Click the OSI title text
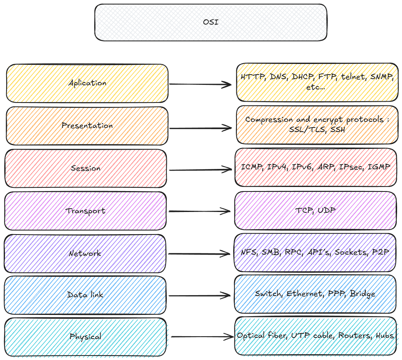211,22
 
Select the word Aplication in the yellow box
87,83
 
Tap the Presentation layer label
87,125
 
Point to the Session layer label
85,168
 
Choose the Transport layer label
85,211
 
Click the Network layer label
85,253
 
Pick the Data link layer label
85,294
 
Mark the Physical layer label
85,337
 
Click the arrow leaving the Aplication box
200,84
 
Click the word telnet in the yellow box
354,77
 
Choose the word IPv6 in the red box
302,167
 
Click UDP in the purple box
326,211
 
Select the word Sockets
350,252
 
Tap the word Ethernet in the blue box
304,294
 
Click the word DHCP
303,77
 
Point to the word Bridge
363,294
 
